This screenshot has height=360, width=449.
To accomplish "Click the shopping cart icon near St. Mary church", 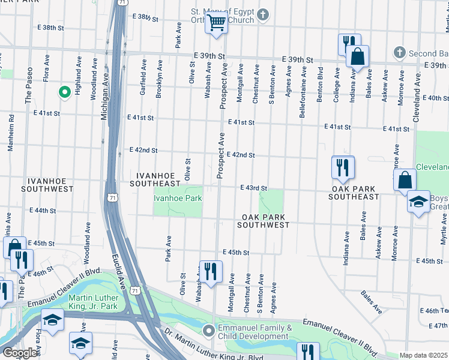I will pos(216,23).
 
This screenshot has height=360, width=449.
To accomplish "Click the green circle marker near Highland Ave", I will pos(64,92).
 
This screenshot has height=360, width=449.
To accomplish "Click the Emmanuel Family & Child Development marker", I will pos(208,331).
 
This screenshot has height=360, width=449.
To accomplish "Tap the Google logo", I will pos(20,352).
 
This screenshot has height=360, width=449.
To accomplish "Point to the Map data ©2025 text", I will pos(423,355).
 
